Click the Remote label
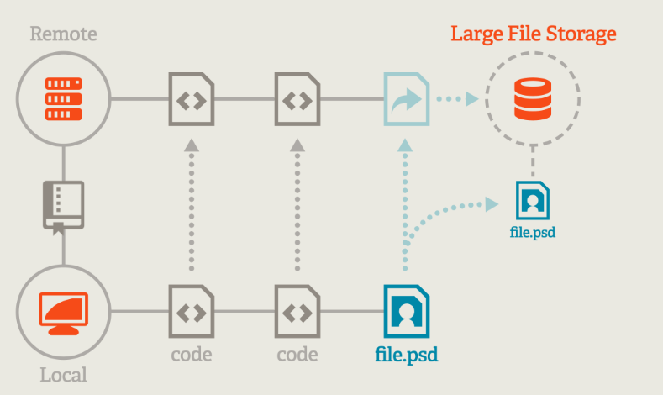point(64,34)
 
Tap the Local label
point(64,375)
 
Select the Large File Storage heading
point(534,34)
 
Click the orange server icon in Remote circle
point(64,98)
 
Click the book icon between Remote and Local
point(64,204)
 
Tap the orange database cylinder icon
point(533,98)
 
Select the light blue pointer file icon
point(407,98)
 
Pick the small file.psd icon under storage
point(533,200)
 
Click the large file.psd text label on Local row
point(407,354)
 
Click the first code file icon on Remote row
point(191,98)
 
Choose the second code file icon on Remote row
point(296,98)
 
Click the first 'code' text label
point(191,354)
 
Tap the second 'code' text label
point(296,354)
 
